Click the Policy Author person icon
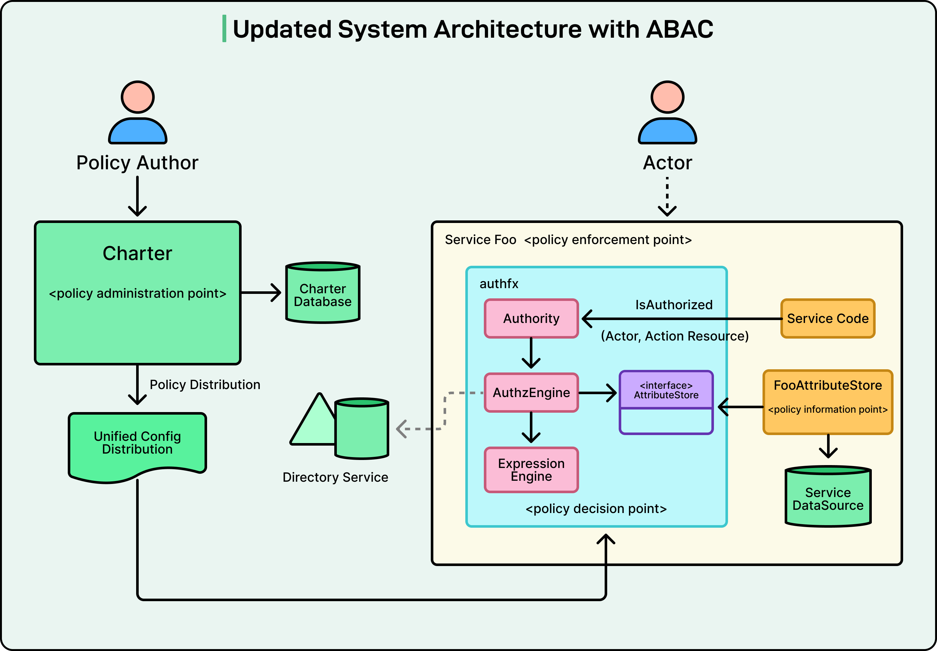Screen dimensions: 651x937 [x=137, y=112]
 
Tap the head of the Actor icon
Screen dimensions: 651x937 [x=667, y=97]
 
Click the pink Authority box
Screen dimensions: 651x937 [x=531, y=318]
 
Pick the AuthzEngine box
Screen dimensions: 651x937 [x=531, y=392]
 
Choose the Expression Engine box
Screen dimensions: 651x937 [x=531, y=470]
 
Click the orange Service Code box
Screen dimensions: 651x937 [x=828, y=318]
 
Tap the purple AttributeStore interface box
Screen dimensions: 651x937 [x=666, y=402]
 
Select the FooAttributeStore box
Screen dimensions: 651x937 [x=828, y=402]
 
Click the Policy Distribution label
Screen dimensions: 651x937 [x=205, y=385]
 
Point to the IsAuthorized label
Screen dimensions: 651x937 [x=674, y=305]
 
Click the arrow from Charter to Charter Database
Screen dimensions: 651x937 [x=261, y=293]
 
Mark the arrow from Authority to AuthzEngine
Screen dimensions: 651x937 [x=531, y=353]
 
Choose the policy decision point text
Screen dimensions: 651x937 [x=596, y=509]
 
